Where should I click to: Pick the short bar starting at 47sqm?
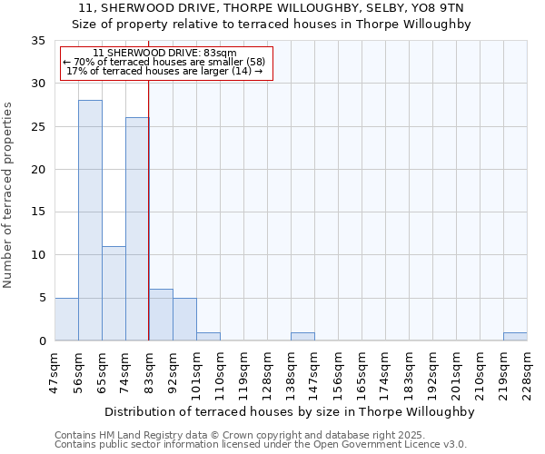point(66,319)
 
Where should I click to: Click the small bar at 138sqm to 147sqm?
point(302,336)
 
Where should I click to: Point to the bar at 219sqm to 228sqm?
point(515,336)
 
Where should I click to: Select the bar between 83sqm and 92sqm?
point(161,314)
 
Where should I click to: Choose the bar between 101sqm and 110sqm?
point(208,336)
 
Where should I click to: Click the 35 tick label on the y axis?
point(37,41)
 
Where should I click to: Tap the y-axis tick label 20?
point(37,169)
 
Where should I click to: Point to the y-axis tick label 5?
point(41,298)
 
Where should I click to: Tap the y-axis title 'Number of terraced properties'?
point(8,195)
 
